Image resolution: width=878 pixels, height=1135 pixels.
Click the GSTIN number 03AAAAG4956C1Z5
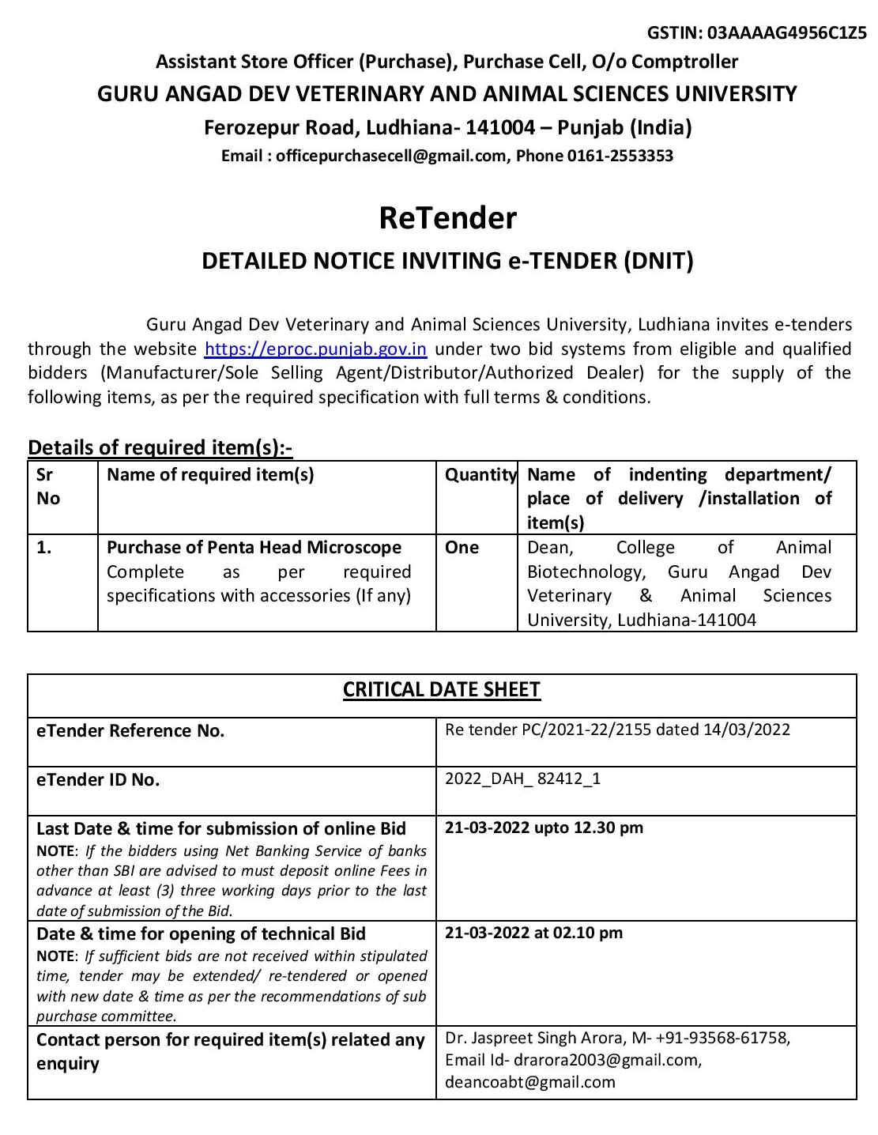point(787,33)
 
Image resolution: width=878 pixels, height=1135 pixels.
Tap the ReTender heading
point(447,217)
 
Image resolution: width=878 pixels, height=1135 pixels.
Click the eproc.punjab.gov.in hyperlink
point(315,349)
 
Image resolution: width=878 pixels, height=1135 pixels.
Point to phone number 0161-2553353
point(620,156)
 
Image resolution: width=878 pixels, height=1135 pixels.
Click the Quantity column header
point(480,475)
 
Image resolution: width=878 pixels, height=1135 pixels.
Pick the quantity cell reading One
point(462,548)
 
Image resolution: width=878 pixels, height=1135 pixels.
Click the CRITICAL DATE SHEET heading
point(441,690)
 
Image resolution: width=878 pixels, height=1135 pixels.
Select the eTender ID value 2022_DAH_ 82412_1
point(522,779)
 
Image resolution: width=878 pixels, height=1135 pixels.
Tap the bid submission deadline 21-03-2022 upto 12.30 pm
point(544,828)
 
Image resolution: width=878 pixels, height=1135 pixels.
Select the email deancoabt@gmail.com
point(529,1082)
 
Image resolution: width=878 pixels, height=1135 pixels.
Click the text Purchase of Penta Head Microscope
point(254,548)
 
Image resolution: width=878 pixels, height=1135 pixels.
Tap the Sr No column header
point(48,486)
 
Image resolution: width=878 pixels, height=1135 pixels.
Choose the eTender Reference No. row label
point(130,730)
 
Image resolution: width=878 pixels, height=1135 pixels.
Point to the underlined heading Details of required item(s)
point(160,447)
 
